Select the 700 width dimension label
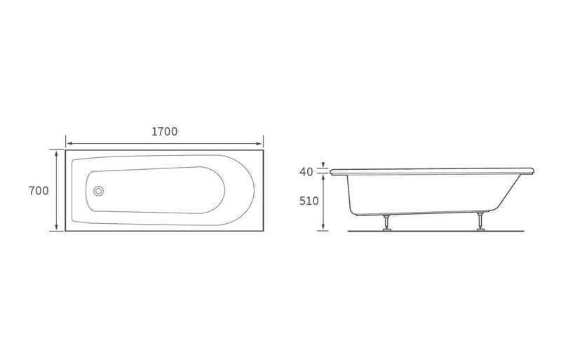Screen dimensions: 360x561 39,191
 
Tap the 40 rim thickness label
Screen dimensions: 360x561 306,172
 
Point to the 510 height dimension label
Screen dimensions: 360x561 309,201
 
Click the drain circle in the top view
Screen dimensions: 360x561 99,189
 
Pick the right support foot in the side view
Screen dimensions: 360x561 480,221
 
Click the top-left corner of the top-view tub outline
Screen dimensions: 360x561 67,149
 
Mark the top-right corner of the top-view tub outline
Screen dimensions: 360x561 262,149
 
